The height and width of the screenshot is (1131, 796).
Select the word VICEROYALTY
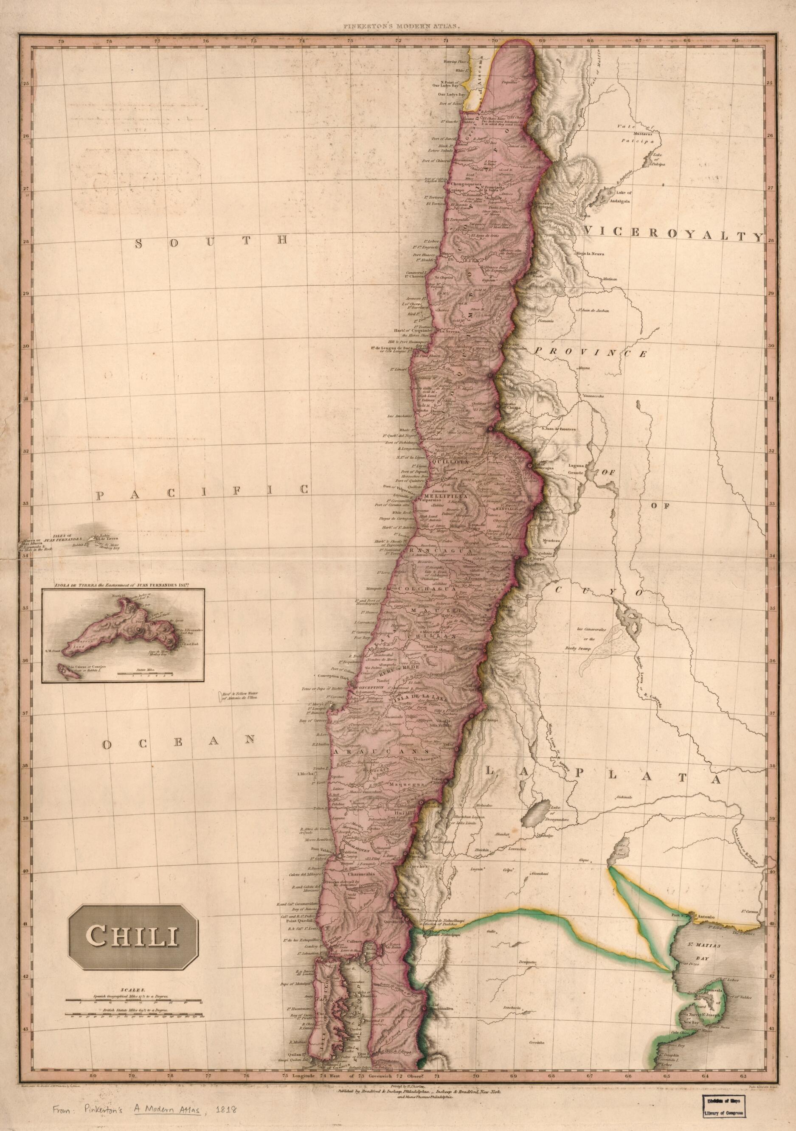673,236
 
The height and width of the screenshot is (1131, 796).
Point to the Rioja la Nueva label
591,254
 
